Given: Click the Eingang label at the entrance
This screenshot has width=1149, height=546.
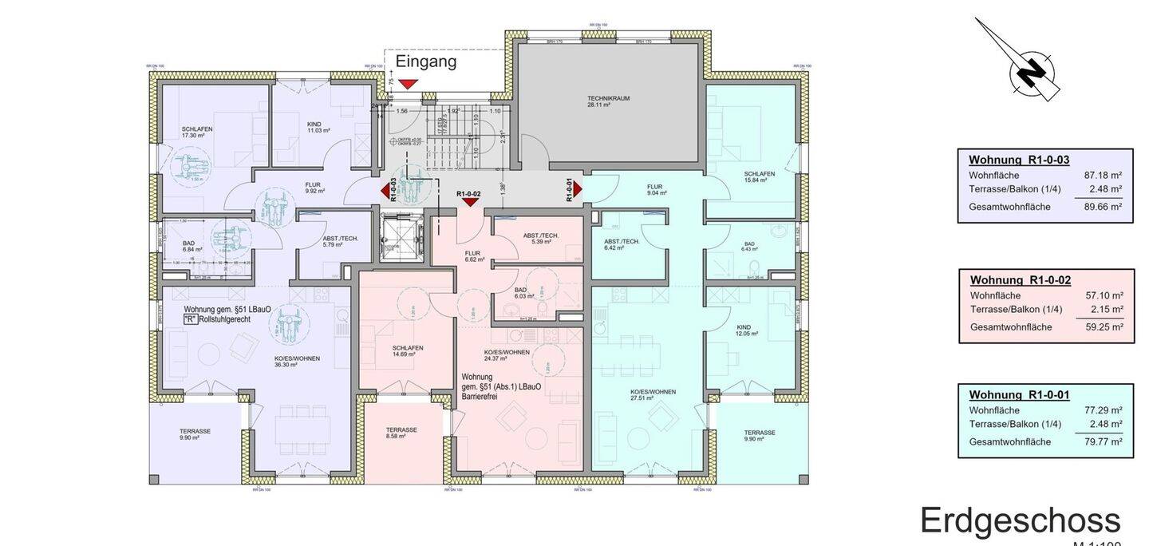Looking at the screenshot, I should (x=426, y=61).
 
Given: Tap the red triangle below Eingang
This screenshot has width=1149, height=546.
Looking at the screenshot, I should (x=409, y=84).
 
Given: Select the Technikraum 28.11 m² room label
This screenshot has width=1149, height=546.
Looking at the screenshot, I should (x=608, y=101).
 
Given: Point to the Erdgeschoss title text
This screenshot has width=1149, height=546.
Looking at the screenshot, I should (x=1020, y=520).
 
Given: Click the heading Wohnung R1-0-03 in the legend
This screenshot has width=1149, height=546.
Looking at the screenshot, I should (x=1018, y=160).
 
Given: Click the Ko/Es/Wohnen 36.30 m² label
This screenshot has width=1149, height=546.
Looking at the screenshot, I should (x=296, y=362).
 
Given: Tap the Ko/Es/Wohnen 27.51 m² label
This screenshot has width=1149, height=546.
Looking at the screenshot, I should (x=653, y=395).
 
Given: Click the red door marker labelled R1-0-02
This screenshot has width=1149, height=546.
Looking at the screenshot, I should (x=469, y=201).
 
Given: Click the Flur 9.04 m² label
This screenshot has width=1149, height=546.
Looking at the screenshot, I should (x=657, y=188).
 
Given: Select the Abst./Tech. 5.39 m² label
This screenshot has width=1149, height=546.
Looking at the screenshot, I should (x=540, y=238).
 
